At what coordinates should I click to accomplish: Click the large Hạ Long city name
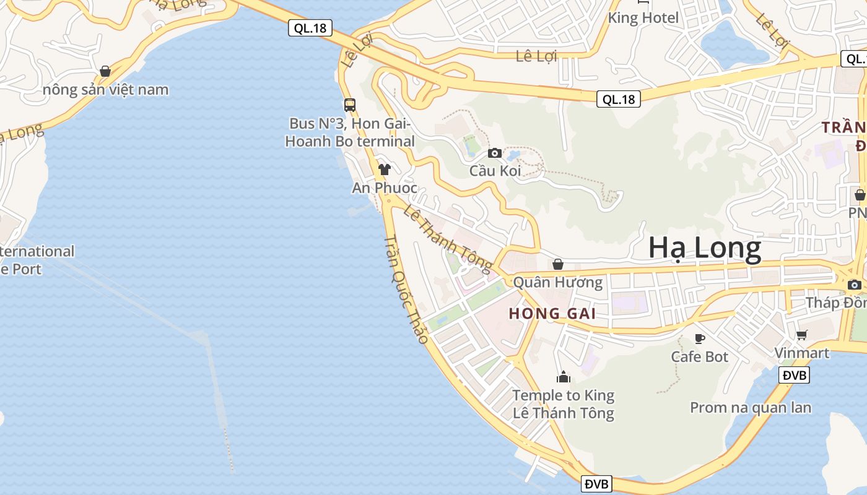[x=705, y=248]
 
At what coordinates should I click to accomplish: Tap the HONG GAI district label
[x=552, y=314]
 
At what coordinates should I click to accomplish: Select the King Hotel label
[x=643, y=17]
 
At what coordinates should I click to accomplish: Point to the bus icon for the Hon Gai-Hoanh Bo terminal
[x=350, y=105]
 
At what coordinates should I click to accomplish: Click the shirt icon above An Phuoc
[x=385, y=169]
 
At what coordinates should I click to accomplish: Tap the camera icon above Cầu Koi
[x=494, y=153]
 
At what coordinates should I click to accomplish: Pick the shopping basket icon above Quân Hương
[x=558, y=264]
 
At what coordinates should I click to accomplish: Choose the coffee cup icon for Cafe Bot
[x=700, y=338]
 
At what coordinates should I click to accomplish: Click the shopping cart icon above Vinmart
[x=802, y=335]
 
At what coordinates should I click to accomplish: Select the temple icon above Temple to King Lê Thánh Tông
[x=564, y=376]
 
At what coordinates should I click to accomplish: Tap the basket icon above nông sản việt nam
[x=105, y=71]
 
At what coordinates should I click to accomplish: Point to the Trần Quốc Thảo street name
[x=406, y=290]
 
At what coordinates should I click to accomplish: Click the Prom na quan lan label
[x=751, y=408]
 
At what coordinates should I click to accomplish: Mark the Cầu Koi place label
[x=495, y=171]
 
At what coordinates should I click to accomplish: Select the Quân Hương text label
[x=558, y=283]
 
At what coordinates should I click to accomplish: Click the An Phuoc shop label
[x=385, y=187]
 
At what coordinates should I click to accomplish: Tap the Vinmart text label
[x=802, y=353]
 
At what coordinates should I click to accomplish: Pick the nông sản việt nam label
[x=105, y=90]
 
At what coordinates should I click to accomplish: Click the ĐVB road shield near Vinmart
[x=794, y=375]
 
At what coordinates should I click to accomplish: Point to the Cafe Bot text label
[x=700, y=356]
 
